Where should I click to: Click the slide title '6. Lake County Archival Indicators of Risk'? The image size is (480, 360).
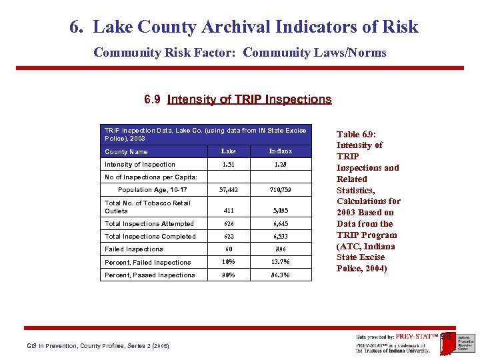(x=244, y=27)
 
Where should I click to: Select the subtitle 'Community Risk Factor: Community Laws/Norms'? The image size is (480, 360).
(x=239, y=53)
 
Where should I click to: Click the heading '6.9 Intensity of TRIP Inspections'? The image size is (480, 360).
(x=238, y=99)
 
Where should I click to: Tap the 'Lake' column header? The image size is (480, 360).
(x=229, y=151)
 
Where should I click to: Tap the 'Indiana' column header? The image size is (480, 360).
(x=280, y=151)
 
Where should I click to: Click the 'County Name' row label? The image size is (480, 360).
(x=126, y=152)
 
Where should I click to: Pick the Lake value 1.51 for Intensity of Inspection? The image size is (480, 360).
(x=229, y=164)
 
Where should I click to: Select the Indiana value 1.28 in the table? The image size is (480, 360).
(x=280, y=164)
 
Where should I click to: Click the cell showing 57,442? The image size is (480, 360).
(x=229, y=190)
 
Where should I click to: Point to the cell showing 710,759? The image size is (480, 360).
(x=280, y=190)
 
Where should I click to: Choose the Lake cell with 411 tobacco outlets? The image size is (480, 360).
(x=229, y=211)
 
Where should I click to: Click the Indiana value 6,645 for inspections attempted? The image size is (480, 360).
(x=280, y=224)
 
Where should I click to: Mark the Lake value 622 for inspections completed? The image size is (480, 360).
(x=229, y=237)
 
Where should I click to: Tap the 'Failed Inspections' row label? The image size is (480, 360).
(x=133, y=249)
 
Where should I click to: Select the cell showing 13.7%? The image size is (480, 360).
(x=280, y=262)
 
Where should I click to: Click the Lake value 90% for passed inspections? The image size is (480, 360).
(x=229, y=275)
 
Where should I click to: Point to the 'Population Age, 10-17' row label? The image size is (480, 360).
(x=152, y=190)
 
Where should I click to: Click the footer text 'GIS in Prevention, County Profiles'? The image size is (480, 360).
(x=97, y=346)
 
